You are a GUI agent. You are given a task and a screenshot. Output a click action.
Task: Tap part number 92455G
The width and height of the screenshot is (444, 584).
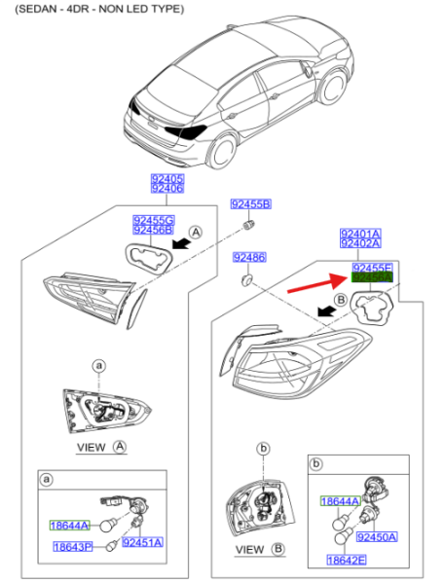coord(153,221)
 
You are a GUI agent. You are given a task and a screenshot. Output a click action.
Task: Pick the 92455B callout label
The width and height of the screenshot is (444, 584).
coord(250,203)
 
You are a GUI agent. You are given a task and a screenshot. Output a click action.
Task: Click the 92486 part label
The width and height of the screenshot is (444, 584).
coord(249,257)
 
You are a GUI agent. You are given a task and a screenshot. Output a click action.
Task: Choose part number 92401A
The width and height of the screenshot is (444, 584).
coord(360,235)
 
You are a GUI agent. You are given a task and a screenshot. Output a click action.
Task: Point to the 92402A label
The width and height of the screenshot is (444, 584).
coord(360,246)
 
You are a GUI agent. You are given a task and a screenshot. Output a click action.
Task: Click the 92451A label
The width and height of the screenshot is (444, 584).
coord(143,542)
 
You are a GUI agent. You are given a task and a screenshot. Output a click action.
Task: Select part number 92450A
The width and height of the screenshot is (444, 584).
coord(376,536)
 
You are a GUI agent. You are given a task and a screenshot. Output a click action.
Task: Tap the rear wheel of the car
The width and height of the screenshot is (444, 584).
coord(224,153)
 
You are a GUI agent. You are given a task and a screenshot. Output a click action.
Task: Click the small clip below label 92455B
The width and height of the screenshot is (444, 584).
coord(250,226)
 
